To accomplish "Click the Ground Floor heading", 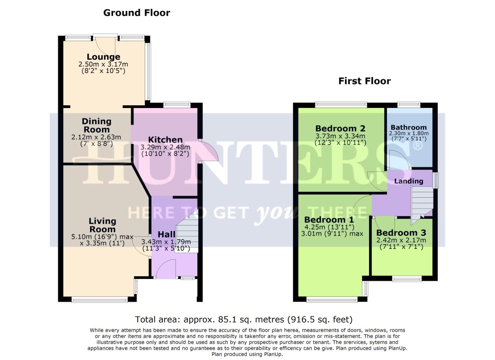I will [137, 13].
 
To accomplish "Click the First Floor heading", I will [364, 81].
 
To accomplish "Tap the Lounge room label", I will [103, 57].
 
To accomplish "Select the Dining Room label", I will [96, 126].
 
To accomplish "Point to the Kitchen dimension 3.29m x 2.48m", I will [165, 147].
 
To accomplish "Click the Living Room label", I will [102, 225].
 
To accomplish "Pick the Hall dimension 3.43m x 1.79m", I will [166, 242].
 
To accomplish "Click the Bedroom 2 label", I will [340, 128].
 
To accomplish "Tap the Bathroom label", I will [409, 127].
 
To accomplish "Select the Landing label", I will [409, 181].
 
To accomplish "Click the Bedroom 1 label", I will [329, 220].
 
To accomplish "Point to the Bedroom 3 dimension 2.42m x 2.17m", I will [401, 240].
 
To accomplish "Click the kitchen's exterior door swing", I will [208, 152].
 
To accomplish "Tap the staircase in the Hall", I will [187, 233].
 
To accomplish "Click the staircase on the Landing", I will [422, 203].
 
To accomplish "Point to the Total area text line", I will [244, 320].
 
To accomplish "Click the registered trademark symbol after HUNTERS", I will [418, 146].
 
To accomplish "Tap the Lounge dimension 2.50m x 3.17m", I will [103, 64].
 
